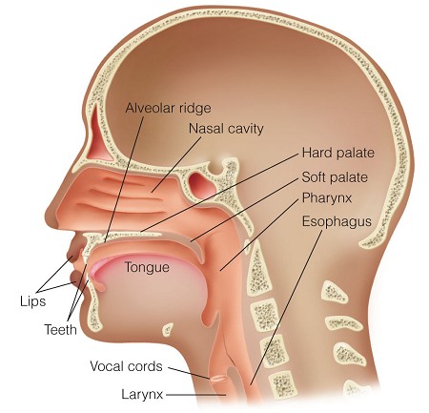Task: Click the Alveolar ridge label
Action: point(168,109)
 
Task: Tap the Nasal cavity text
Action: point(226,129)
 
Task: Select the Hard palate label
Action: point(338,153)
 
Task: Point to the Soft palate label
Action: point(335,177)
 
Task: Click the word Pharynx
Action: point(327,198)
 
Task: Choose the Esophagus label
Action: point(337,221)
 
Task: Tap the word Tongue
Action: point(147,267)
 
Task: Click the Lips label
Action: point(32,301)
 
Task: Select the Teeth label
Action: point(60,329)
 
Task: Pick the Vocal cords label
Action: point(126,366)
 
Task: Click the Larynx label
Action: point(142,395)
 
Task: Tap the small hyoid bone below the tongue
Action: point(168,329)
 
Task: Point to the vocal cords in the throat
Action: point(218,379)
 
